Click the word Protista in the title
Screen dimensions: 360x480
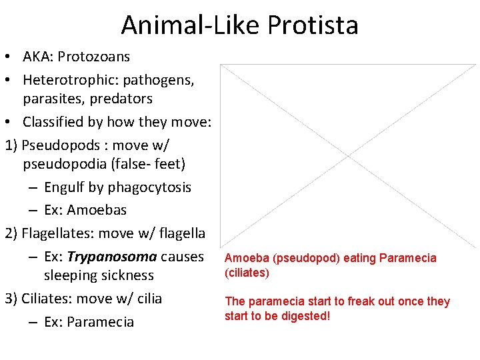click(313, 25)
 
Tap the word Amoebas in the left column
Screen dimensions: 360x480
click(97, 210)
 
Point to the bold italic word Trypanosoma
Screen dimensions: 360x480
click(112, 257)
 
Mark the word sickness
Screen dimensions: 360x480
click(126, 275)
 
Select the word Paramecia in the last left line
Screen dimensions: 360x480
click(101, 322)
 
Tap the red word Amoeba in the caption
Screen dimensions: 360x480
click(244, 258)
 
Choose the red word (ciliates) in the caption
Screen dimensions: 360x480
click(247, 273)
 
